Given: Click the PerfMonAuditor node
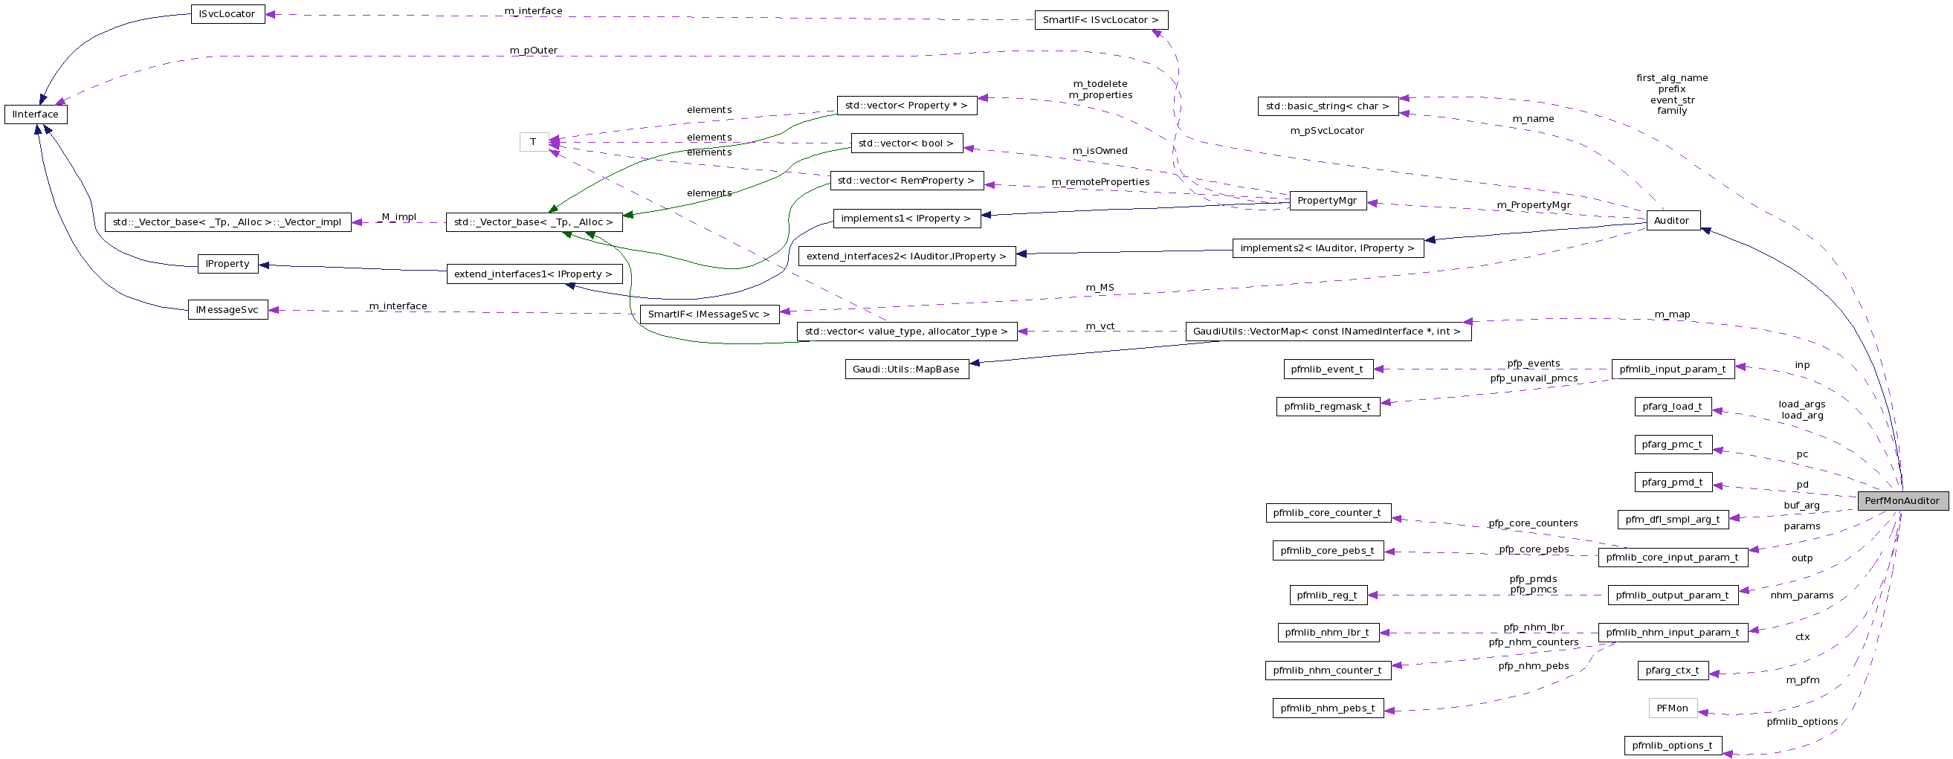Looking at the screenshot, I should click(1902, 500).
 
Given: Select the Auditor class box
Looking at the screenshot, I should click(1673, 221).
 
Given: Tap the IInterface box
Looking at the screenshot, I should click(36, 114).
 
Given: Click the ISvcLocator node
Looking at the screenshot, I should click(227, 14).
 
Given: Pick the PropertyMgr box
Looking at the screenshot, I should click(1327, 201).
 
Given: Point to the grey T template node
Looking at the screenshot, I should click(534, 142).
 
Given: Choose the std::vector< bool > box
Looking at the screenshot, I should click(906, 143).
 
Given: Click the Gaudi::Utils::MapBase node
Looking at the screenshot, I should click(906, 369).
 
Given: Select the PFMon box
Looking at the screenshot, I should click(1673, 708).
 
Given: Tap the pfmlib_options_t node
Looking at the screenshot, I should click(1673, 746).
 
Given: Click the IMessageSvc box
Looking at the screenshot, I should click(227, 310).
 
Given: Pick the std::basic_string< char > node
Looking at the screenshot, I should click(1328, 106).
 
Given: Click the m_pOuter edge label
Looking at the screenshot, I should click(534, 51).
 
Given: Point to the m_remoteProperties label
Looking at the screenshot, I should click(1100, 182).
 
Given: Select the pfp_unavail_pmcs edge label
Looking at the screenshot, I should click(1534, 378).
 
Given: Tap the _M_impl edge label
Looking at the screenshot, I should click(398, 217).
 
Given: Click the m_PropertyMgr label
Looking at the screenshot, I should click(1534, 205).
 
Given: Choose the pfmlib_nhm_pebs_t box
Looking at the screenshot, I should click(1328, 708).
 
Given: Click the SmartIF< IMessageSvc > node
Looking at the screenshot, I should click(709, 314).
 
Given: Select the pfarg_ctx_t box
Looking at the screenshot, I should click(1673, 671).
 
